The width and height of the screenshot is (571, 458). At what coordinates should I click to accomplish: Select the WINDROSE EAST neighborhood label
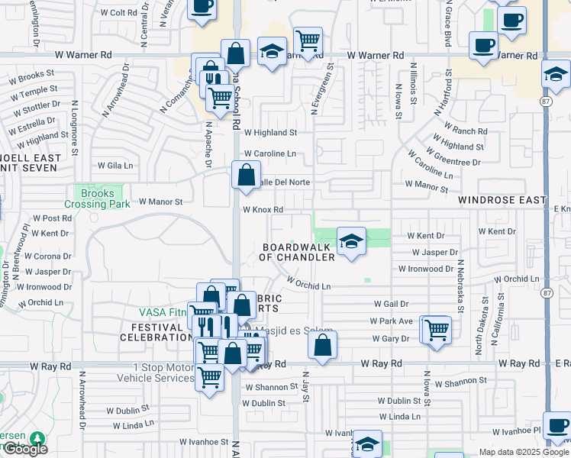[502, 200]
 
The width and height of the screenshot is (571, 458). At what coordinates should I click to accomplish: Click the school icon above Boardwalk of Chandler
[350, 242]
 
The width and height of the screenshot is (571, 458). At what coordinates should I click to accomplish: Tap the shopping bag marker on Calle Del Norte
[246, 175]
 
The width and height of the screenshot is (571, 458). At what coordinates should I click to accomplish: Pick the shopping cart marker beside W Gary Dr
[436, 330]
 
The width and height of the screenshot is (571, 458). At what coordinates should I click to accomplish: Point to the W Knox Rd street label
[263, 210]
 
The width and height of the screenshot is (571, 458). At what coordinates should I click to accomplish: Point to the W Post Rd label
[51, 218]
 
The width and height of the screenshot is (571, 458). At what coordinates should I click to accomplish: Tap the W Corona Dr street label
[48, 256]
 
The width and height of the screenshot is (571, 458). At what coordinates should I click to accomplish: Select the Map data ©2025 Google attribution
[523, 452]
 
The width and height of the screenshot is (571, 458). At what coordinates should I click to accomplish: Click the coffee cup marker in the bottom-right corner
[557, 426]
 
